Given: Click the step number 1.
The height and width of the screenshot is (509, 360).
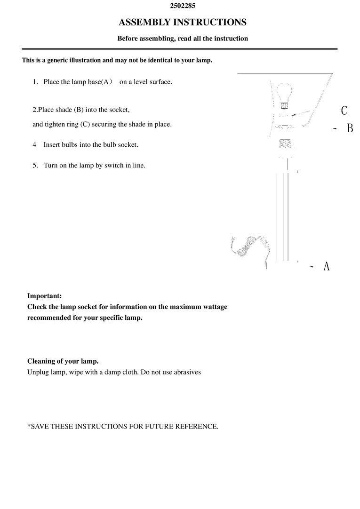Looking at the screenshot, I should [35, 82].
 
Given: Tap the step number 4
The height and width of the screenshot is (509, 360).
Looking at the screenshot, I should [35, 144].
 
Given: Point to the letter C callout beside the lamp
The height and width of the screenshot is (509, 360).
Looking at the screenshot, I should [344, 111].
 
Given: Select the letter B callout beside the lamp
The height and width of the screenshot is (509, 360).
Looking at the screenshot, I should [350, 128].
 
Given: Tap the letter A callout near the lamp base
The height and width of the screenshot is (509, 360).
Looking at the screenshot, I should [327, 266].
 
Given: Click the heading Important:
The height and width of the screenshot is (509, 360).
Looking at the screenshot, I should [44, 296].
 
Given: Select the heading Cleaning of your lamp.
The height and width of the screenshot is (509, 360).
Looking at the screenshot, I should [63, 361].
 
